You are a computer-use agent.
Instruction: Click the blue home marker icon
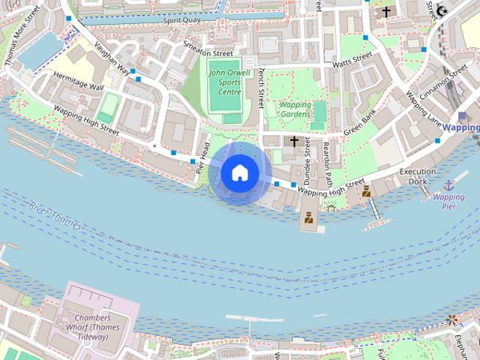point(240,172)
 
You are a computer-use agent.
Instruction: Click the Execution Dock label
point(417,176)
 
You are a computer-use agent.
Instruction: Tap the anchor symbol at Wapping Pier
point(448,185)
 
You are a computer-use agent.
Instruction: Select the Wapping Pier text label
point(448,202)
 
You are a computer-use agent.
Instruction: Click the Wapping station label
point(460,127)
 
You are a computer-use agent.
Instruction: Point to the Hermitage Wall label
point(78,81)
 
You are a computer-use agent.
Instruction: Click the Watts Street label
point(352,60)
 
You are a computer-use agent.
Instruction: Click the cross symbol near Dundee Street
point(294,140)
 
